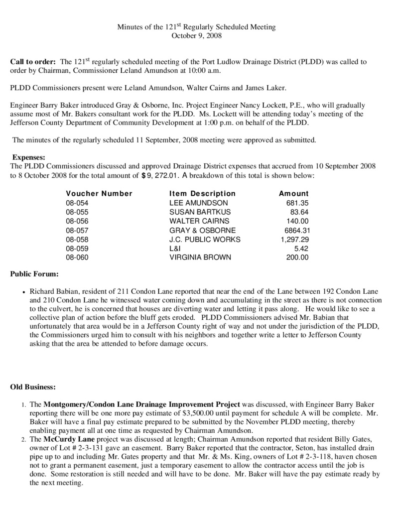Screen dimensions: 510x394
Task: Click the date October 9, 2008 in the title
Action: pos(197,35)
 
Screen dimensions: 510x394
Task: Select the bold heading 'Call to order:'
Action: pos(33,62)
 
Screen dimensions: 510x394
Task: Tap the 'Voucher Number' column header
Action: pos(99,193)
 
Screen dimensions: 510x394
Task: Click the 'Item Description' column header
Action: pos(202,193)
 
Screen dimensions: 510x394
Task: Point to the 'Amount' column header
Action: pos(293,193)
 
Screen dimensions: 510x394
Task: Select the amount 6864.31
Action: pos(297,230)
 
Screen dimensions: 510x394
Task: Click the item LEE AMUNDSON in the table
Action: pos(198,203)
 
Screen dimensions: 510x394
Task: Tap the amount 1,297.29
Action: pos(295,239)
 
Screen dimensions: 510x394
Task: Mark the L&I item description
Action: pos(174,249)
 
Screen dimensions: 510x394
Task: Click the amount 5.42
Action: pos(301,249)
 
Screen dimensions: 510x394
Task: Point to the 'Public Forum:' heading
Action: pos(34,274)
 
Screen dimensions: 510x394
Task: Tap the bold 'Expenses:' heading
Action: pos(29,157)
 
